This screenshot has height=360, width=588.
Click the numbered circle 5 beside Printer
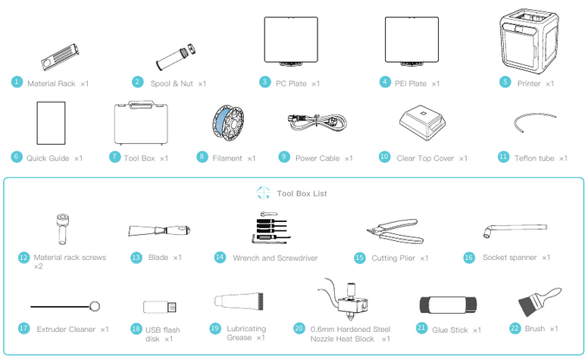tap(505, 82)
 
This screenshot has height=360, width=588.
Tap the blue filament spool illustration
tap(228, 123)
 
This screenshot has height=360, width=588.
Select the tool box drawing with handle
tap(141, 123)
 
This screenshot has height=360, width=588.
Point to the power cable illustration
tap(317, 122)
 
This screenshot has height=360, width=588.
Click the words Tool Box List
tap(302, 193)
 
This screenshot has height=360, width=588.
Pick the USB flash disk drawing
tap(160, 307)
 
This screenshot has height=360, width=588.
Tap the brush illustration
tap(540, 302)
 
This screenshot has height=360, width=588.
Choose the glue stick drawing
tap(448, 305)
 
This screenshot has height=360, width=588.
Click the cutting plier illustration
tap(396, 231)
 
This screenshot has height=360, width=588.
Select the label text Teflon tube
tap(534, 158)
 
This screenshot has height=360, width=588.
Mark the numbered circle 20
tap(299, 328)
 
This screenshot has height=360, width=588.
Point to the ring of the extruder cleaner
tap(95, 306)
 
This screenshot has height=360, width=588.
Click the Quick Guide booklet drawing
tap(51, 123)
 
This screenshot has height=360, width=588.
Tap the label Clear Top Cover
tap(425, 158)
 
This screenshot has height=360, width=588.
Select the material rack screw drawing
tap(62, 229)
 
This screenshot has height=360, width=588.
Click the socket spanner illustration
tap(515, 228)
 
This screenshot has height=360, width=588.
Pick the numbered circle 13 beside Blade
tap(136, 258)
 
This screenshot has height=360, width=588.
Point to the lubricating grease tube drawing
tap(239, 302)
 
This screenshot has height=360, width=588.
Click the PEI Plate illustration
tap(411, 41)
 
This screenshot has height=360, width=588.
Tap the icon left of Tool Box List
tap(264, 193)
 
